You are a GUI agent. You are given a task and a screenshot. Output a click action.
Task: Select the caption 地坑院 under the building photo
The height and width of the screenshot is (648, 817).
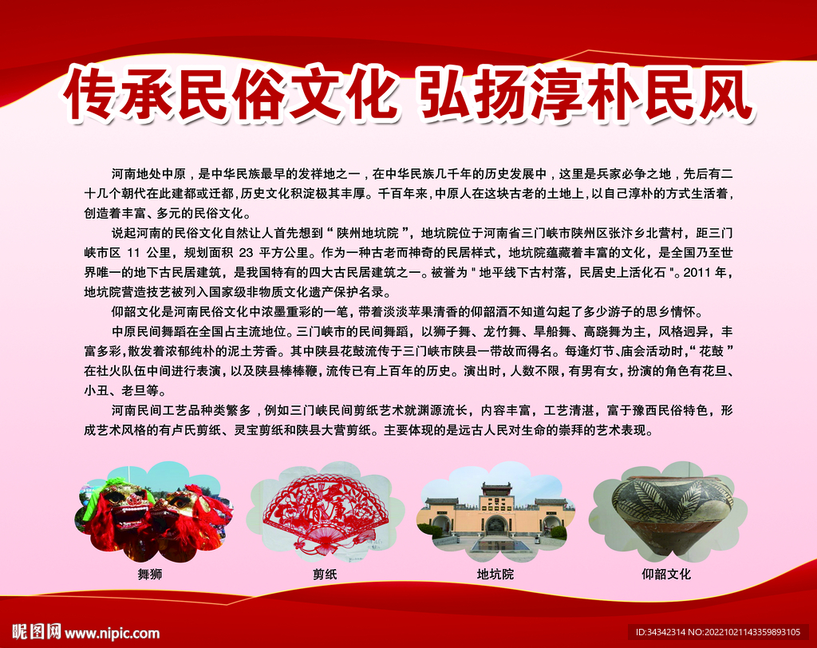(495, 574)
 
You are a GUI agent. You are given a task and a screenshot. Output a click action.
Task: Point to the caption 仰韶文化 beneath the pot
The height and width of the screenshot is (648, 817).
(666, 574)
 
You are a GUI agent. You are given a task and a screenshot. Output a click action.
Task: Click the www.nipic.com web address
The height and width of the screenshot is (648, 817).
(112, 634)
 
